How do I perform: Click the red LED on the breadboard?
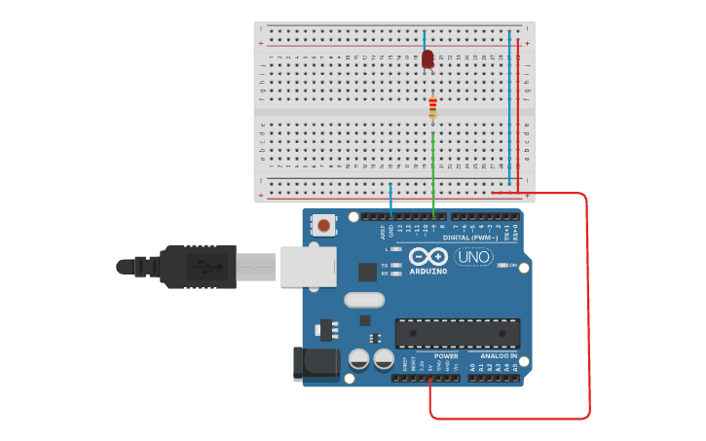(427, 59)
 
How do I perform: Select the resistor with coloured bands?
(432, 108)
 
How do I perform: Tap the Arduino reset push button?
(323, 226)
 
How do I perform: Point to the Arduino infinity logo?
(428, 256)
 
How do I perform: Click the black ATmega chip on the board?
(457, 333)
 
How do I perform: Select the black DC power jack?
(316, 363)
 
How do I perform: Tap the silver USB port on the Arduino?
(307, 266)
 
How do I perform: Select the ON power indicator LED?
(502, 265)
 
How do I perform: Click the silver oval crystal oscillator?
(364, 301)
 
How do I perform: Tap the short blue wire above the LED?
(425, 40)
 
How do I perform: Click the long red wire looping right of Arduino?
(588, 302)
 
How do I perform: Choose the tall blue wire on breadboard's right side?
(509, 107)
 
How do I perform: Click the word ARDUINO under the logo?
(428, 272)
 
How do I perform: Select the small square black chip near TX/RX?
(367, 272)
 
